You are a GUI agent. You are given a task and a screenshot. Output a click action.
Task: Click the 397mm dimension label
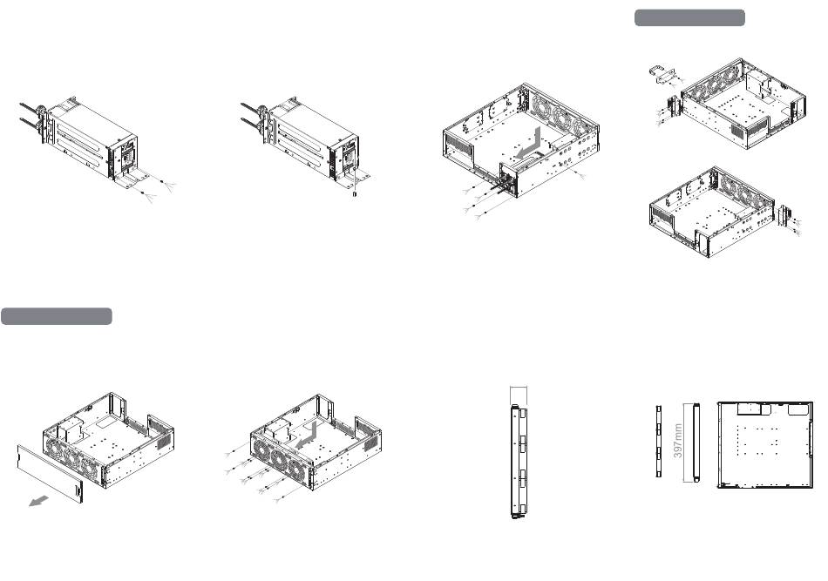click(x=678, y=441)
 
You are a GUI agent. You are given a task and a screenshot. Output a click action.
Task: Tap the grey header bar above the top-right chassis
click(x=689, y=17)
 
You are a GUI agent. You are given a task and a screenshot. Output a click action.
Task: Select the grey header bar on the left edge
click(x=57, y=316)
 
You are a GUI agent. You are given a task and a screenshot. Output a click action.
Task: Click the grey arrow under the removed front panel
click(x=38, y=501)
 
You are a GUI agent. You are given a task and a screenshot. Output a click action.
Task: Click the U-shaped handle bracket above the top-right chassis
click(x=661, y=74)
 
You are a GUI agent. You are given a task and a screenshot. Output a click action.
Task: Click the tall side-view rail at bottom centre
click(x=518, y=462)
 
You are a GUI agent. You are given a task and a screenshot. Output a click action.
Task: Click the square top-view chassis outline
click(x=764, y=445)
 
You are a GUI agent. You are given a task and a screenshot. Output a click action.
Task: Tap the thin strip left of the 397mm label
click(x=659, y=441)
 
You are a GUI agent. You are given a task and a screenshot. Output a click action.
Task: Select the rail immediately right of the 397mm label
click(x=696, y=443)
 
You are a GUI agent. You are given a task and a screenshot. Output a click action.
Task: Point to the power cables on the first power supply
click(x=31, y=117)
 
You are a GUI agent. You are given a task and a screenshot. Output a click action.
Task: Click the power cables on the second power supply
click(x=251, y=117)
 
